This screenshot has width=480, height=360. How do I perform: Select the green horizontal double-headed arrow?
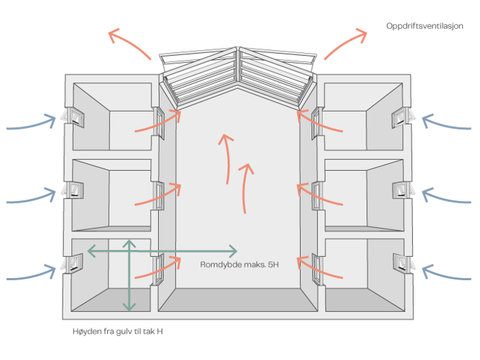(x=162, y=251)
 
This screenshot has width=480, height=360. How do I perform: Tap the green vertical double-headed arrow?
(x=128, y=275)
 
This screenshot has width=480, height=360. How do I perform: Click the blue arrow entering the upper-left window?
(x=31, y=124)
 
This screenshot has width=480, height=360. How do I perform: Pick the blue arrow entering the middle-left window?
(x=31, y=197)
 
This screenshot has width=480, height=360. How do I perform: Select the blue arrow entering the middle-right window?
(x=446, y=196)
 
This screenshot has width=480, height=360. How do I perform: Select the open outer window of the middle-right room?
(x=404, y=191)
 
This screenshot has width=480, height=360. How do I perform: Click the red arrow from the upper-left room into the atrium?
(x=157, y=123)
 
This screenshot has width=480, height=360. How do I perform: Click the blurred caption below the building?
(x=118, y=330)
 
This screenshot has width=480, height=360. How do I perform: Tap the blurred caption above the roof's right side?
(x=424, y=25)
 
